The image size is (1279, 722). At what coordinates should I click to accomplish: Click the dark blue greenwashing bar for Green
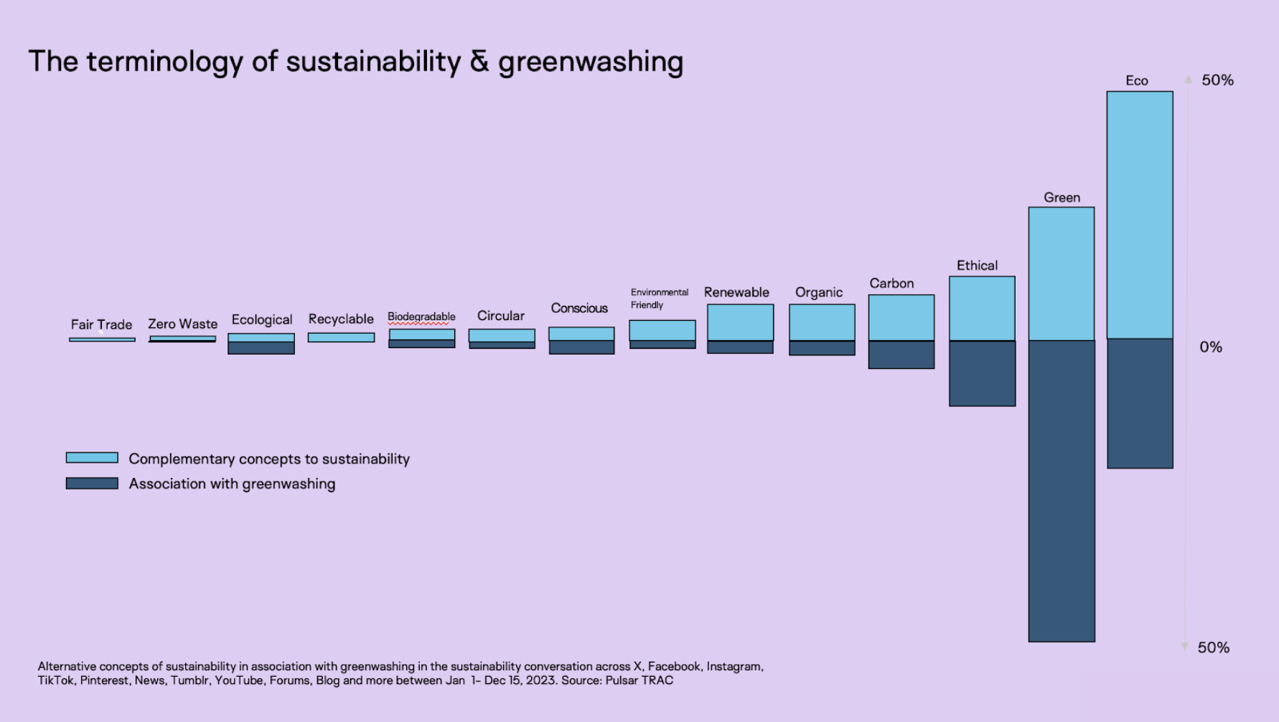click(1062, 490)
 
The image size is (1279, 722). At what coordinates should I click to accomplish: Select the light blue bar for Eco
click(1140, 215)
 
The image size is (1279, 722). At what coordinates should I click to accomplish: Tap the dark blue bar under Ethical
click(982, 373)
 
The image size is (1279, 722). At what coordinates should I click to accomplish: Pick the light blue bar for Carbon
click(901, 317)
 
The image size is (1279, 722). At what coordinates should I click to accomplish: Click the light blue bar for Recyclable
click(341, 337)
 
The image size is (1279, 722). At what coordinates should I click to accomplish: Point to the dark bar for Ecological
click(261, 348)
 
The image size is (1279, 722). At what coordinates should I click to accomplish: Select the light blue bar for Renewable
click(740, 322)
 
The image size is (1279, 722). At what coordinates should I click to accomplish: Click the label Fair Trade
click(101, 324)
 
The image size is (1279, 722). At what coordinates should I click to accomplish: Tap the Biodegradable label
click(421, 317)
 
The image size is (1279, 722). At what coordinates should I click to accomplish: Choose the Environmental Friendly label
click(659, 299)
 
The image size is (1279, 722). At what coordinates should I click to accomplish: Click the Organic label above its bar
click(819, 292)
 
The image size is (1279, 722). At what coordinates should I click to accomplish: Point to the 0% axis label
click(1211, 347)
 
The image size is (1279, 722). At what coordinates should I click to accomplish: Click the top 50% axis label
click(1217, 80)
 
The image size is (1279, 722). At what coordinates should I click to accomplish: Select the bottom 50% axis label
click(1213, 647)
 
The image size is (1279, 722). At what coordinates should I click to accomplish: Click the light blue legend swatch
click(92, 458)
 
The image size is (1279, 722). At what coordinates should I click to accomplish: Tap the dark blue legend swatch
click(92, 484)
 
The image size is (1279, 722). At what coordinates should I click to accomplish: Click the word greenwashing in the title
click(590, 62)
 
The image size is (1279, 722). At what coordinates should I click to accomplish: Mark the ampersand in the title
click(479, 62)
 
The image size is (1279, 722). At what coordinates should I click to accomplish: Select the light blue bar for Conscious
click(581, 334)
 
